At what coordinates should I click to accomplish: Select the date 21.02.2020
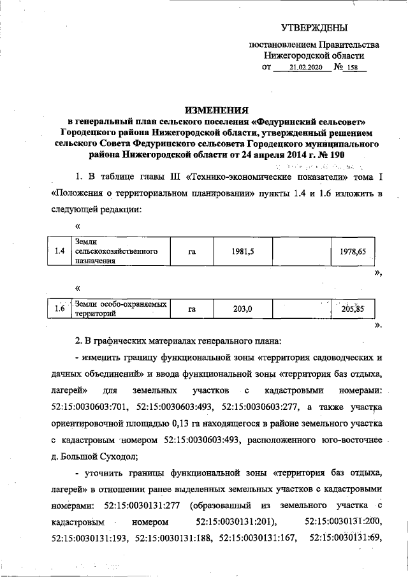(x=303, y=67)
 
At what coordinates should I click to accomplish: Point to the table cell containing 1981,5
(x=243, y=252)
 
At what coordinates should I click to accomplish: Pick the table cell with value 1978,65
(x=353, y=252)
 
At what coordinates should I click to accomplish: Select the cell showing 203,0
(x=243, y=309)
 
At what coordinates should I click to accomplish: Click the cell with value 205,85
(x=353, y=309)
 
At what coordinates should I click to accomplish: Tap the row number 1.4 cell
(x=61, y=252)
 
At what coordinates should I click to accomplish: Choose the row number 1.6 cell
(x=61, y=309)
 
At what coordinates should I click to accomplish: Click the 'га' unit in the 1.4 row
(x=191, y=252)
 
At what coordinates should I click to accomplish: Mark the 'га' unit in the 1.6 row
(x=191, y=309)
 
